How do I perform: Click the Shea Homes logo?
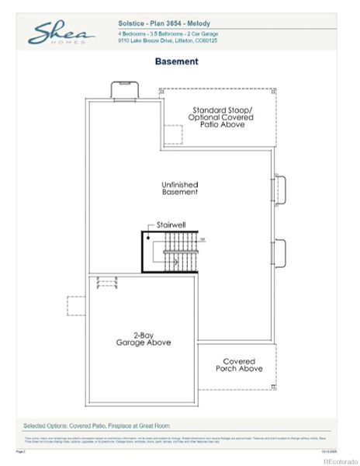(x=62, y=33)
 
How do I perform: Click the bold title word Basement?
(x=177, y=61)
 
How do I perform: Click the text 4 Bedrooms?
(x=133, y=35)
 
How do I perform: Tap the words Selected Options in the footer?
(x=48, y=426)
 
